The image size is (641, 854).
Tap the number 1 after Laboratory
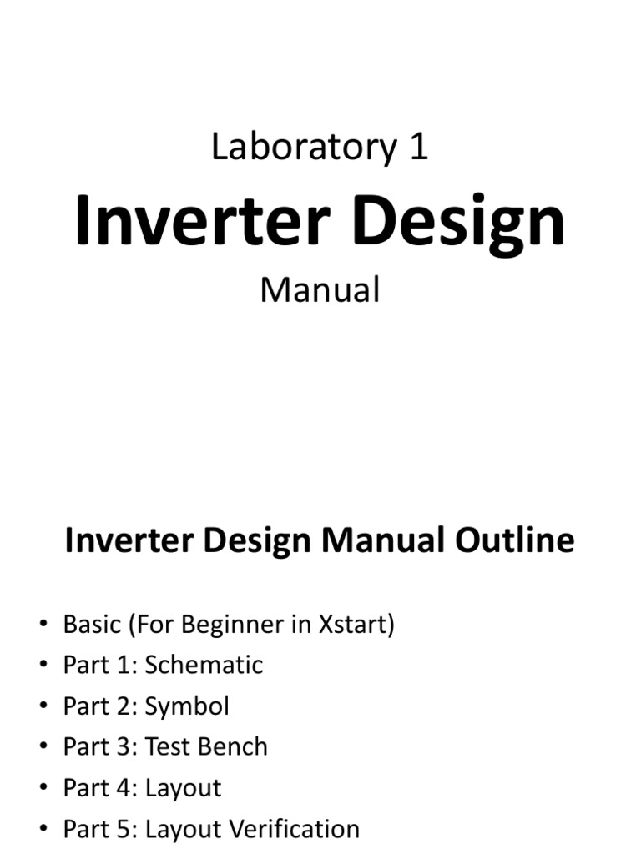point(418,148)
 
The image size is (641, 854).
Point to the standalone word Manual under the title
point(320,289)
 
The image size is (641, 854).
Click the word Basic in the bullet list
point(91,624)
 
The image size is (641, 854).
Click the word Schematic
point(204,665)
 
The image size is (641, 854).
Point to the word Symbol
point(187,706)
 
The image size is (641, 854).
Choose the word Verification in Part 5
point(295,829)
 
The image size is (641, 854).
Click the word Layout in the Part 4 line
point(183,788)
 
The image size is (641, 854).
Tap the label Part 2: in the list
point(100,706)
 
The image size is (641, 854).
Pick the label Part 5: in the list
point(100,829)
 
